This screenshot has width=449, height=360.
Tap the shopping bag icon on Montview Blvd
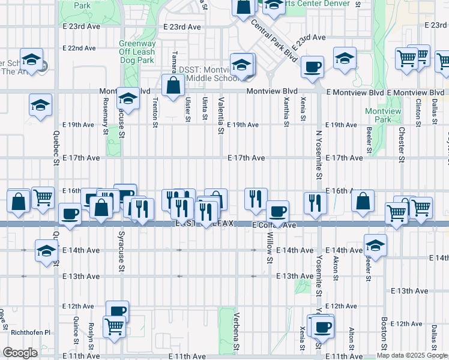click(x=173, y=85)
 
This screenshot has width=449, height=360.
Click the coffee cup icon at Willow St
click(x=277, y=211)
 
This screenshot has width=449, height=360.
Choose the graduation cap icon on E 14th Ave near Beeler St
click(x=375, y=245)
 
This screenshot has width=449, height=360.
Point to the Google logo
click(x=20, y=352)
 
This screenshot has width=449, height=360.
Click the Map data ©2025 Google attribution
click(x=411, y=355)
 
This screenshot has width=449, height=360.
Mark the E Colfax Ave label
click(x=274, y=225)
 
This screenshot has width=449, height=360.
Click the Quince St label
click(x=76, y=329)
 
